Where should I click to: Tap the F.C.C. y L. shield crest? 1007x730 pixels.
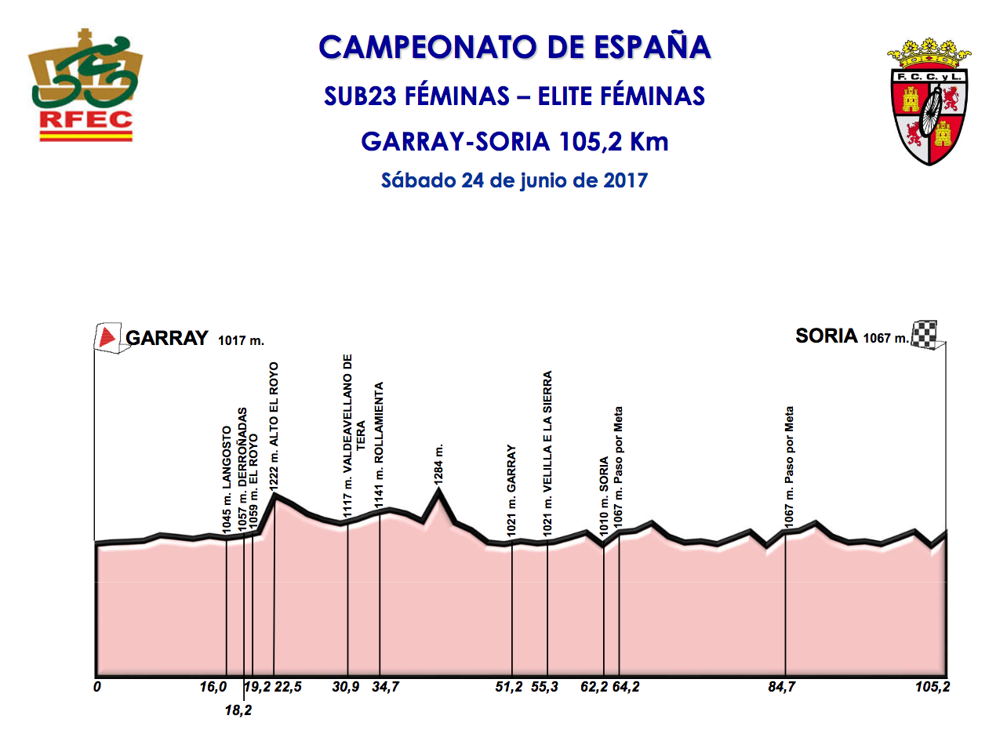pos(929,100)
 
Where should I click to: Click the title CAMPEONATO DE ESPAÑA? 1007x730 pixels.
pos(514,47)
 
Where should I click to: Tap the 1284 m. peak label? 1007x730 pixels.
pos(439,463)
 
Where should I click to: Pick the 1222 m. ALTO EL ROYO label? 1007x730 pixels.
pos(274,427)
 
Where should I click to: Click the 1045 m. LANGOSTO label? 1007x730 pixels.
pos(227,481)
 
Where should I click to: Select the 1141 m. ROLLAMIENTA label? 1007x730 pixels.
pos(380,446)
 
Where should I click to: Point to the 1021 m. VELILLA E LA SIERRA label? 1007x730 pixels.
pos(548,453)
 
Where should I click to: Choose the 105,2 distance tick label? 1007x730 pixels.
pos(929,688)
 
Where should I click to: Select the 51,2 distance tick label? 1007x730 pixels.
pos(509,688)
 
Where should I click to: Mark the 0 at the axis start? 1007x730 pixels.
pos(96,688)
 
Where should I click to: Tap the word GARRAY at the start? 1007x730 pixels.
pos(167,339)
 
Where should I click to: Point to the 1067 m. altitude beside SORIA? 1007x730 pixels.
pos(885,339)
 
